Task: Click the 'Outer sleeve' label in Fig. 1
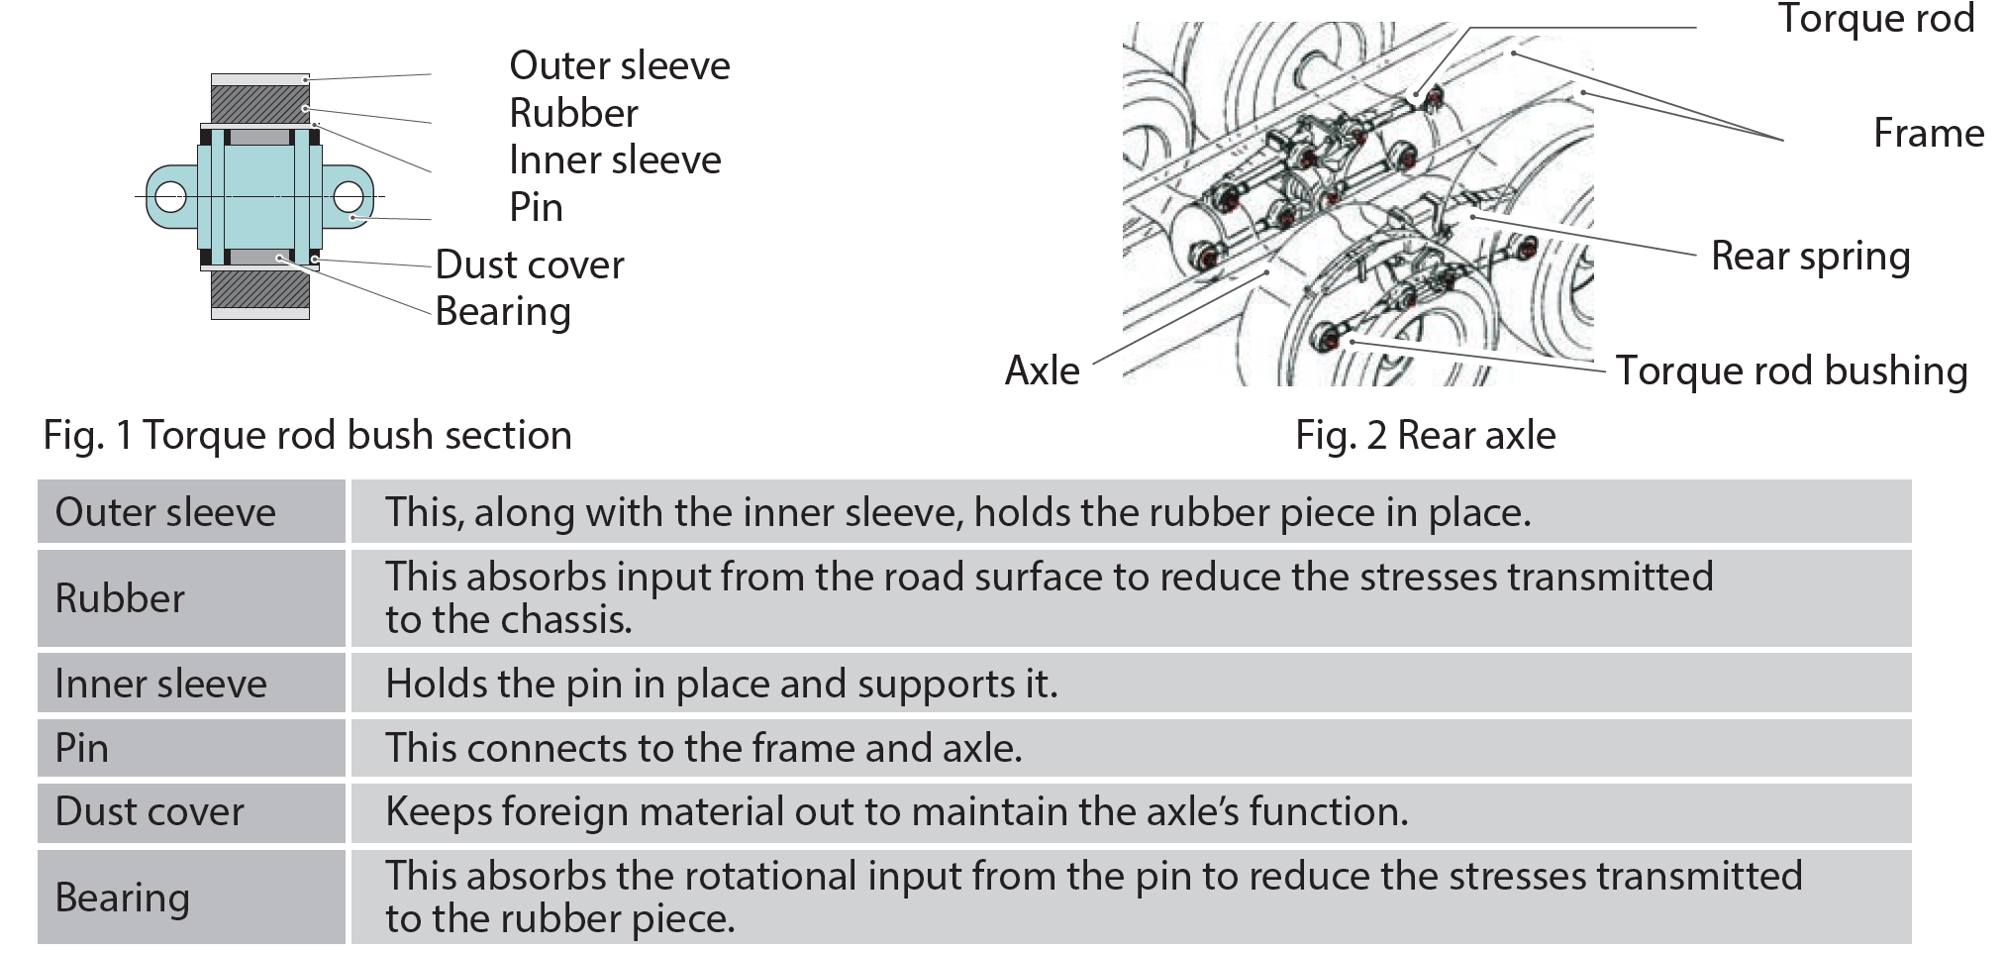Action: (619, 65)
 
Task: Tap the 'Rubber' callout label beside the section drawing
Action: (573, 113)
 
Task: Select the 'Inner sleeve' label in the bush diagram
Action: (615, 159)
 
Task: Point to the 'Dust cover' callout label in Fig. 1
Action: (530, 265)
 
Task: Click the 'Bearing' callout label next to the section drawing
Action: (503, 311)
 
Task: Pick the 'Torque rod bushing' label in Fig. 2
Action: (1791, 371)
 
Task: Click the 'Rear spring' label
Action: (1810, 256)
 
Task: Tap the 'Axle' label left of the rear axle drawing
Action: (1042, 371)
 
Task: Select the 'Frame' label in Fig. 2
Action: (1928, 133)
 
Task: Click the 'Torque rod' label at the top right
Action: (1876, 18)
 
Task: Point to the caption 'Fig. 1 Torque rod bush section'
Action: (307, 435)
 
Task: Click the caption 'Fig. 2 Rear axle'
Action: (1425, 435)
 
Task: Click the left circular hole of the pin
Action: (170, 196)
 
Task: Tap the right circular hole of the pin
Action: (349, 196)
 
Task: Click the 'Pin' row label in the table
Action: (82, 748)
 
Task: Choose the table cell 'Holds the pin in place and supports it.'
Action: (721, 684)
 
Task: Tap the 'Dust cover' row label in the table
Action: (150, 811)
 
